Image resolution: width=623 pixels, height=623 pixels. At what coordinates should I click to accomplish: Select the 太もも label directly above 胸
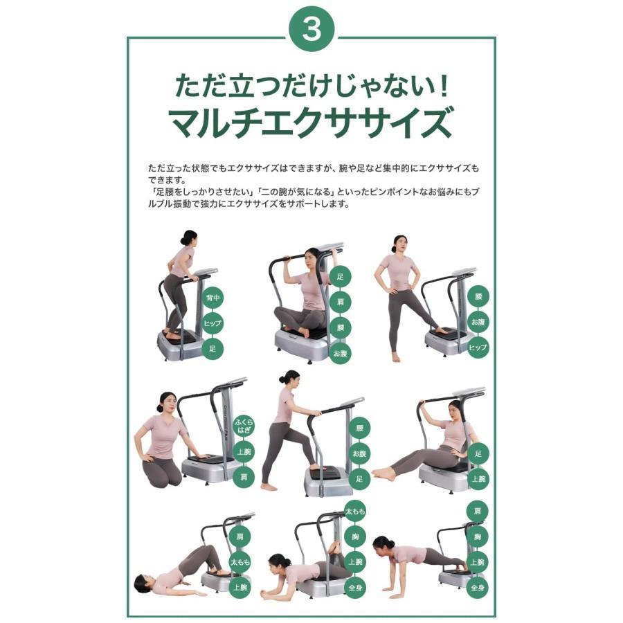pos(355,510)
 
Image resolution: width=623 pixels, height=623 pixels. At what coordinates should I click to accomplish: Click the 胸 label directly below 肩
pos(476,536)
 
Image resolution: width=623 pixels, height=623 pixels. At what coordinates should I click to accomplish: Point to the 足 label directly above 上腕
pos(478,453)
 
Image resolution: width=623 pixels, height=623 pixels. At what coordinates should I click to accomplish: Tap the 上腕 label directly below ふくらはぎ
pos(243,451)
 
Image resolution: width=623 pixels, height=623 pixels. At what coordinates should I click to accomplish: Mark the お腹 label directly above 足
pos(359,453)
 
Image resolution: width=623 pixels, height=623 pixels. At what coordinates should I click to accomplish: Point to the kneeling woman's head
pos(166,401)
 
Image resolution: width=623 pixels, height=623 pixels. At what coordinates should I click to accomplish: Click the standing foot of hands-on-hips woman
pos(395,357)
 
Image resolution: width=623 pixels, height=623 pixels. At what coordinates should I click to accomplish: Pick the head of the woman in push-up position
pos(381,543)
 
